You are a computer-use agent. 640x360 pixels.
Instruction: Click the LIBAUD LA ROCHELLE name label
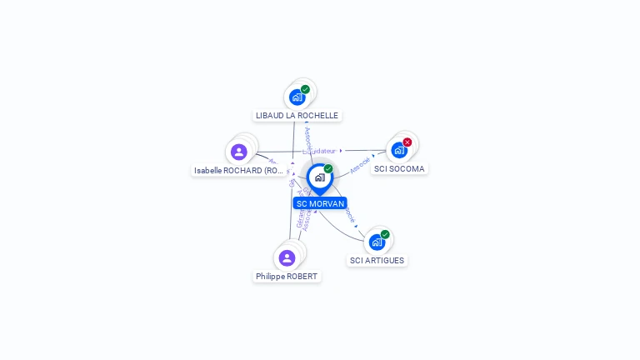(x=297, y=115)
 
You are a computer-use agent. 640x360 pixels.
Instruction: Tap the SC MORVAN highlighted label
(x=320, y=203)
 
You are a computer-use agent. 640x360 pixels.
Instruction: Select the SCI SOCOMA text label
(x=399, y=168)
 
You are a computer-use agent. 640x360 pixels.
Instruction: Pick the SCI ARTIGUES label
(x=377, y=260)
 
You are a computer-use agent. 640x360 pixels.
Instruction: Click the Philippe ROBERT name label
(x=287, y=276)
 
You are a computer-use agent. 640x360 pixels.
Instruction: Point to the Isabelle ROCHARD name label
(x=240, y=170)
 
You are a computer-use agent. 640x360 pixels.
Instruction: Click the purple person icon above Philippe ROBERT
(x=287, y=257)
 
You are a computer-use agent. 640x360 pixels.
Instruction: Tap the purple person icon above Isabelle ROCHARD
(x=239, y=152)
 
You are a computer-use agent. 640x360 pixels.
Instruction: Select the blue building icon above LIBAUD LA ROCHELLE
(x=297, y=97)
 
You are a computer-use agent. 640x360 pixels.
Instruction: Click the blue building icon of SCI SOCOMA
(x=399, y=151)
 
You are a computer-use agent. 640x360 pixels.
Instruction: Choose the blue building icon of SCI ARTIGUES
(x=377, y=242)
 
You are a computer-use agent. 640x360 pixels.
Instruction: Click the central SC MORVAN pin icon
(x=319, y=177)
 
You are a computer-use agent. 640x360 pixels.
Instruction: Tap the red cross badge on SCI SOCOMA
(x=407, y=142)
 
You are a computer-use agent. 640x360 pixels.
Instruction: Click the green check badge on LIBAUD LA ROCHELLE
(x=305, y=89)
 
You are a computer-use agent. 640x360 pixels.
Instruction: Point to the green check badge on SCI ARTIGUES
(x=385, y=234)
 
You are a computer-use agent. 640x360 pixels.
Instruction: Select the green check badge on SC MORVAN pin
(x=328, y=169)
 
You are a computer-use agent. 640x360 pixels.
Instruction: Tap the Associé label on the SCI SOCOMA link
(x=360, y=165)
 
